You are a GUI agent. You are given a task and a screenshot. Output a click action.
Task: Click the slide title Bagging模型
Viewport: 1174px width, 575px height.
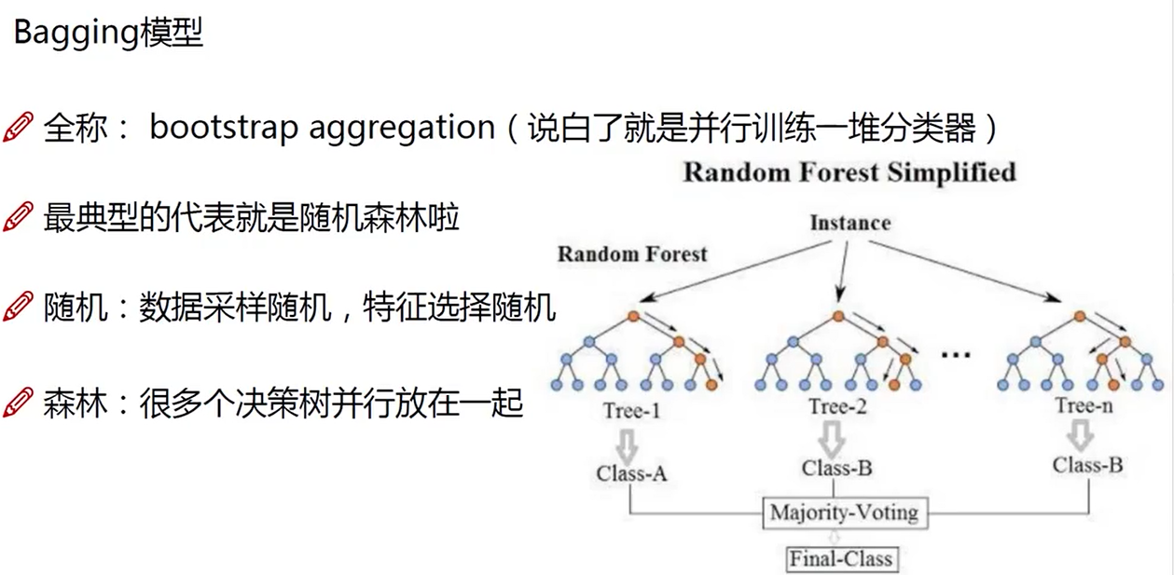107,34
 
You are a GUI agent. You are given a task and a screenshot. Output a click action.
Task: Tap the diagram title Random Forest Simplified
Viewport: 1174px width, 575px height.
849,172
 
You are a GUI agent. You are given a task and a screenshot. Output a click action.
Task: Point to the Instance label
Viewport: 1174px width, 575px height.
849,223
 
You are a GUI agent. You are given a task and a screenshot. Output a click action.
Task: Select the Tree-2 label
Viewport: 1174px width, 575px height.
836,406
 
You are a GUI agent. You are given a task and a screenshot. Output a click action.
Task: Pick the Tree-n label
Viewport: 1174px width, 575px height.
1084,405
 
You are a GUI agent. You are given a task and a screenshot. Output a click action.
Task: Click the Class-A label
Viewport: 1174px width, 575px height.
631,473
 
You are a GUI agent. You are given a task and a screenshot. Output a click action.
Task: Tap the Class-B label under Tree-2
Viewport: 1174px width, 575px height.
836,468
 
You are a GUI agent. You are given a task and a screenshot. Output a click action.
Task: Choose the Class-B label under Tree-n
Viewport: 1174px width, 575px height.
1087,464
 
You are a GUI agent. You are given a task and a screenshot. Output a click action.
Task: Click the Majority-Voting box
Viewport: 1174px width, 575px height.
844,513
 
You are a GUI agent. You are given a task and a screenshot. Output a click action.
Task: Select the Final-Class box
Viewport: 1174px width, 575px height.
841,559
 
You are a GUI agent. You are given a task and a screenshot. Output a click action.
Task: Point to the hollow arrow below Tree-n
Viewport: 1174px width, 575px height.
1080,434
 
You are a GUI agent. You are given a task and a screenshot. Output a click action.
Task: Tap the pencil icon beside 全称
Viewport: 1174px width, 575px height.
18,128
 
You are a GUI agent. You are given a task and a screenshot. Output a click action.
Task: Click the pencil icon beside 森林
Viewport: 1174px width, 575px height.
18,403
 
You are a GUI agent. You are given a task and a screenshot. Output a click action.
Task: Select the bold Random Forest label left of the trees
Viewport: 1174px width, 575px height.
632,253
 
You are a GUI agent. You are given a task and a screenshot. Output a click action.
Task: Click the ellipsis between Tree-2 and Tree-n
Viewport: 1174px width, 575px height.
957,355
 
